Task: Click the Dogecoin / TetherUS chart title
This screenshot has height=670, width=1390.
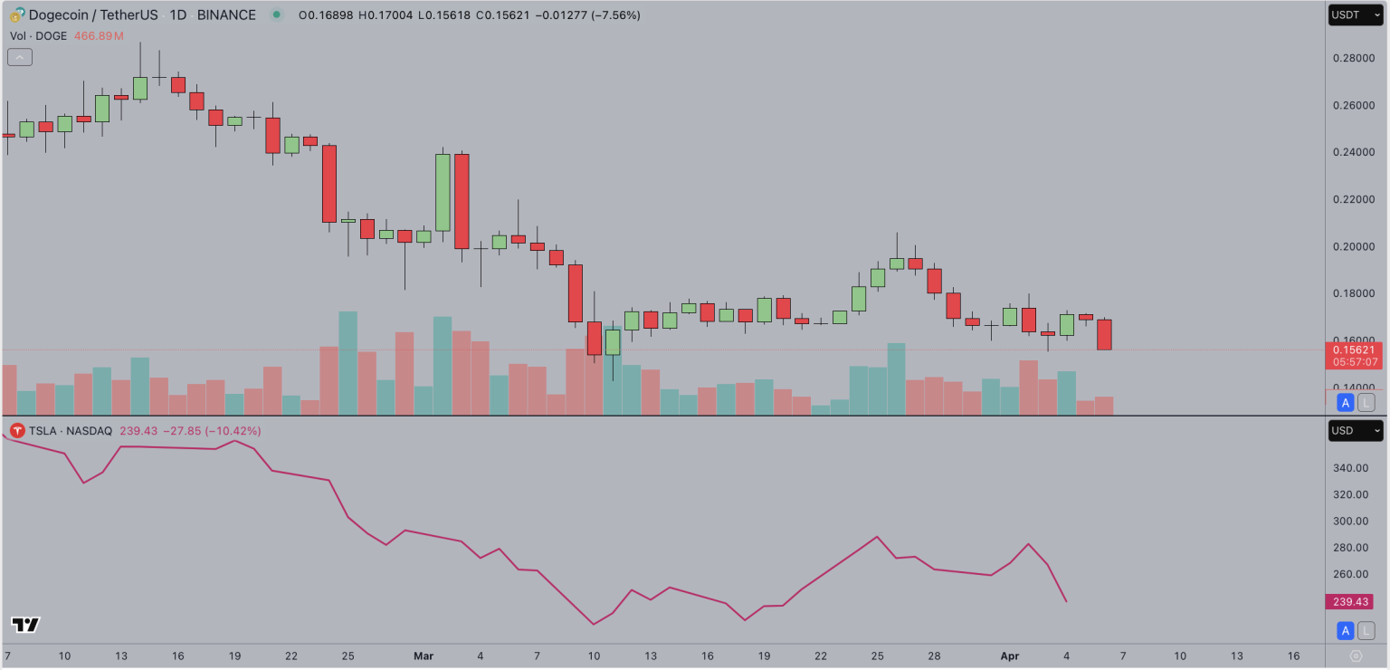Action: [x=91, y=15]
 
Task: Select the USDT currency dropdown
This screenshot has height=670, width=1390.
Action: [x=1355, y=15]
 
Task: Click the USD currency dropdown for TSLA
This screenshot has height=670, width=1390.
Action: [x=1355, y=431]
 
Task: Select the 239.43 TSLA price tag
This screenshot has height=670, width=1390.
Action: [x=1348, y=602]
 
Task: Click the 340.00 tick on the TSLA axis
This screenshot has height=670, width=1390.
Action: [x=1348, y=468]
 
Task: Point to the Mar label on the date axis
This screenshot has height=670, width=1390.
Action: [x=424, y=656]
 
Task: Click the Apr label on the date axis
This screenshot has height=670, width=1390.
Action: [x=1010, y=656]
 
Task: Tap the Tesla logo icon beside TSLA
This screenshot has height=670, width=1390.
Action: [x=17, y=431]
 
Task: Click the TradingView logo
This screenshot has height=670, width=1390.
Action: [x=25, y=625]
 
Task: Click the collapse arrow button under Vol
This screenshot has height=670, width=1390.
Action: [x=20, y=57]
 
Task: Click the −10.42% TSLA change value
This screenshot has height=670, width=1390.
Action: [x=234, y=431]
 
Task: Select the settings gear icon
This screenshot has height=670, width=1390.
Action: [x=1356, y=656]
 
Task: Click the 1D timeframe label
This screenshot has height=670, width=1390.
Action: [x=178, y=15]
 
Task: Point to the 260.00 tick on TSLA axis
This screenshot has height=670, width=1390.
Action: [x=1348, y=574]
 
